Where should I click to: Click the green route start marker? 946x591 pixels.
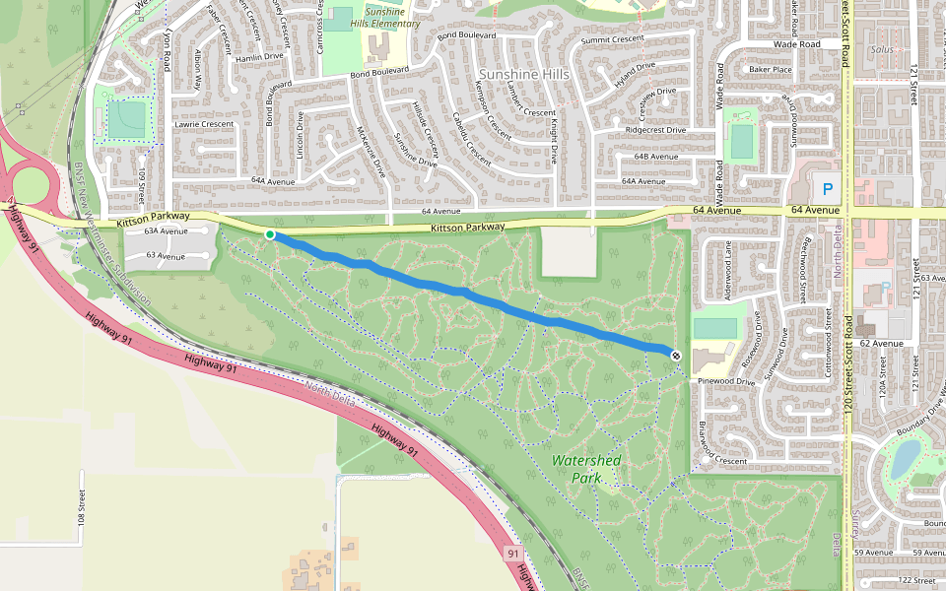(x=270, y=233)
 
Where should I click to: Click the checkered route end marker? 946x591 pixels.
(x=676, y=355)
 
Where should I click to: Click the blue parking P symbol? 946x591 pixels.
(x=827, y=187)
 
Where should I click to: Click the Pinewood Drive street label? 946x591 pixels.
(x=725, y=380)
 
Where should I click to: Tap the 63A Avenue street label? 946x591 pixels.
(x=165, y=231)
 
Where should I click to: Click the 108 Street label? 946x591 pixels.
(x=81, y=505)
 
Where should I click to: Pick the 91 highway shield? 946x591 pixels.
(x=513, y=555)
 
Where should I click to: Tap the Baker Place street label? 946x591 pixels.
(x=770, y=70)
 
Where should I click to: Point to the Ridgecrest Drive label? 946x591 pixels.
(x=655, y=130)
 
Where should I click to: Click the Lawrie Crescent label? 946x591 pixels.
(x=203, y=124)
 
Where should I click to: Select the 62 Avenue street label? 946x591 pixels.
(x=881, y=344)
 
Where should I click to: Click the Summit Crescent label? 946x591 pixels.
(x=612, y=39)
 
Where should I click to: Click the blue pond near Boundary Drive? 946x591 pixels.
(x=905, y=457)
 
